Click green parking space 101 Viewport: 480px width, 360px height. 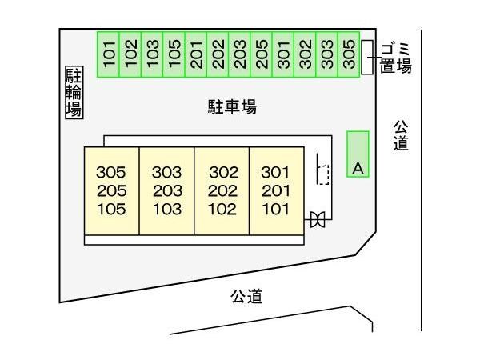[x=108, y=54]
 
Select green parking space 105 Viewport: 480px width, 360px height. [x=174, y=54]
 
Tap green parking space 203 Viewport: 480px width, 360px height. [x=239, y=54]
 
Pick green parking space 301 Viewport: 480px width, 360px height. [x=283, y=54]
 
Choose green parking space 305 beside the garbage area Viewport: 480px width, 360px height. [x=349, y=54]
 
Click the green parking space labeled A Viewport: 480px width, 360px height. [x=358, y=154]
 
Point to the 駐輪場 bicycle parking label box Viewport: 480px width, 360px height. [x=74, y=93]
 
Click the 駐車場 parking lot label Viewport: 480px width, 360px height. [x=232, y=106]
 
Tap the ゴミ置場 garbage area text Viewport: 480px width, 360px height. [x=395, y=58]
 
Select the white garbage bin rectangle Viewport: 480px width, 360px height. [x=367, y=58]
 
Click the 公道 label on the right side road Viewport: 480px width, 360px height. [x=401, y=135]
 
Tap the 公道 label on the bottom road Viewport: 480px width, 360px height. [x=246, y=296]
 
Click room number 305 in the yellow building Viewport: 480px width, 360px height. [x=111, y=172]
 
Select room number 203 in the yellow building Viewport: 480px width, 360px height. [x=167, y=191]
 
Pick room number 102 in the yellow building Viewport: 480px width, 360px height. [x=222, y=210]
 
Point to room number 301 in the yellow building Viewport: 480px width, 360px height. [x=275, y=172]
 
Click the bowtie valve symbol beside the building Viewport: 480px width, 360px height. [x=318, y=219]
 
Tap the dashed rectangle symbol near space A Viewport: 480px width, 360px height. [x=323, y=174]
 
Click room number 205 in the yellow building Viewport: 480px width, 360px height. [x=112, y=191]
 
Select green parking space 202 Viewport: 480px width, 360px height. [x=218, y=54]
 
